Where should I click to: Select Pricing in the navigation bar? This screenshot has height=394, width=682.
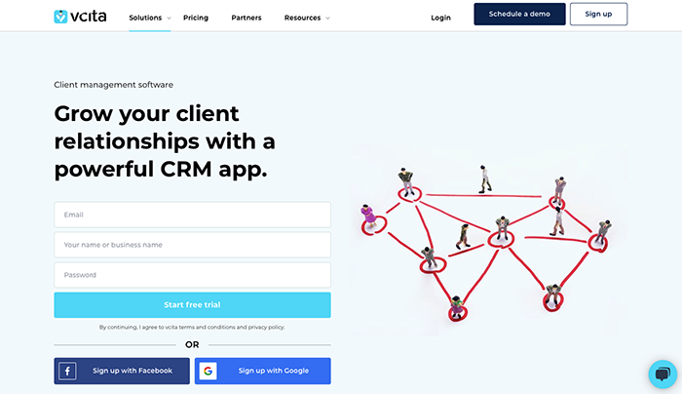point(196,18)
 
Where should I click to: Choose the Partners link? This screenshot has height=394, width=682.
point(246,18)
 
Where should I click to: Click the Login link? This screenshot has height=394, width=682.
point(440,18)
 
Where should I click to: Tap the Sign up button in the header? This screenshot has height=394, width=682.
point(598,15)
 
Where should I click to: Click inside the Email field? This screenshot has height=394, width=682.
point(192,215)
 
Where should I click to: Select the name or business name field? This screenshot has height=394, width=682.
point(192,245)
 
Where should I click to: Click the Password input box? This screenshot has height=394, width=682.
point(192,275)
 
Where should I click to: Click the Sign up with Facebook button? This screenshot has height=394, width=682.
point(122,371)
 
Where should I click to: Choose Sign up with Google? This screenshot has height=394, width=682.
point(263,371)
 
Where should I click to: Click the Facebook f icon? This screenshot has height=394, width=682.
point(68,371)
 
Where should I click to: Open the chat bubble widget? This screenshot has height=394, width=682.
point(663,374)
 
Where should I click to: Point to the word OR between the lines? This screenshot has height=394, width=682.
point(192,344)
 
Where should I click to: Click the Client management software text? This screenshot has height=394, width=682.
point(113,85)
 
